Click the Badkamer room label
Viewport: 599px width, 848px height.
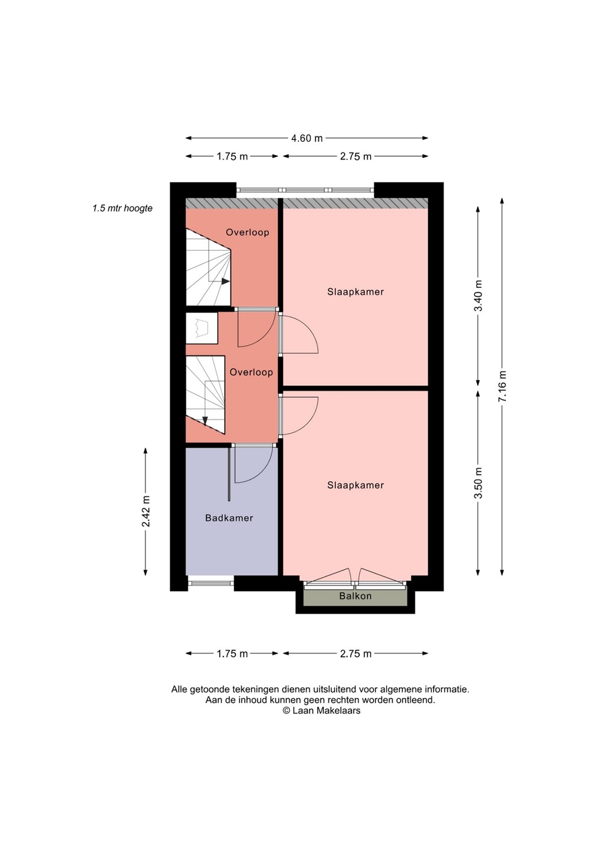[229, 518]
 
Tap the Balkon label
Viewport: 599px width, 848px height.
[355, 596]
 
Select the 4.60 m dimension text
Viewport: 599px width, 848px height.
[307, 138]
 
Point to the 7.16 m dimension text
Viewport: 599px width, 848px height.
[502, 386]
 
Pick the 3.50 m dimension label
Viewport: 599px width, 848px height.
[479, 483]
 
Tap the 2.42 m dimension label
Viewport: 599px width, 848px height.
[146, 511]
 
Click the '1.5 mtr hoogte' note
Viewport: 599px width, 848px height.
[122, 208]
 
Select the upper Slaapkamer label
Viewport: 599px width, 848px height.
[355, 292]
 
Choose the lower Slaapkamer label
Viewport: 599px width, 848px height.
[355, 485]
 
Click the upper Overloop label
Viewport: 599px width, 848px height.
[247, 232]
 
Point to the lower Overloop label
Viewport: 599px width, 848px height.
[251, 372]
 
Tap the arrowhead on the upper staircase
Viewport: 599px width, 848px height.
[226, 281]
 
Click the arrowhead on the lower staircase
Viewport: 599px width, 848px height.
[205, 421]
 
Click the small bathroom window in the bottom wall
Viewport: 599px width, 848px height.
[211, 584]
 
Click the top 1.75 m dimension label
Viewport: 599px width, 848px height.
[232, 157]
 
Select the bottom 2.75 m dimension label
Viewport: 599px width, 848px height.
[355, 654]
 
